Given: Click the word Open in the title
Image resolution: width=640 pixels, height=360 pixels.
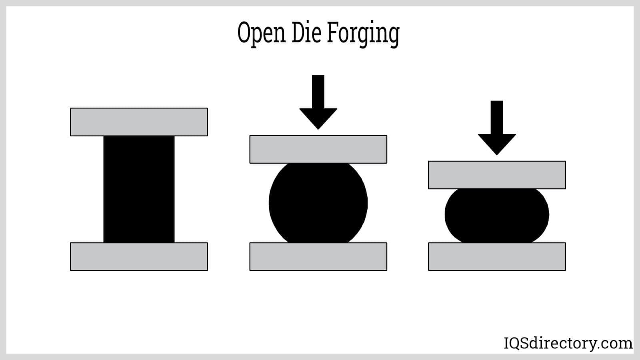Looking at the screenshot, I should (262, 33).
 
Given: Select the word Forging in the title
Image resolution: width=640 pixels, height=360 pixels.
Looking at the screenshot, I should (363, 34).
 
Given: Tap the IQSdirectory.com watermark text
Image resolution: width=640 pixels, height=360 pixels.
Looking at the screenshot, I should (568, 343).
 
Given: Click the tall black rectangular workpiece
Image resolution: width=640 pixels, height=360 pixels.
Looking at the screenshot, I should (139, 189).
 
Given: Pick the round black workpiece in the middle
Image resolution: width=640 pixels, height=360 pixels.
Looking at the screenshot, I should (318, 203).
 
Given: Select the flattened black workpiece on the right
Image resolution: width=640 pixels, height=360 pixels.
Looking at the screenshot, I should (497, 215).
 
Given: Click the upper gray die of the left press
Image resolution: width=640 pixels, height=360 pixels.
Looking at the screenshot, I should (139, 122).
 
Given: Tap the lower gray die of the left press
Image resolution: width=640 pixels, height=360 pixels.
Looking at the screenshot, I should (139, 256).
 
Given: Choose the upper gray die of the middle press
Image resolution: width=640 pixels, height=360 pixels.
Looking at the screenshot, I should (318, 149).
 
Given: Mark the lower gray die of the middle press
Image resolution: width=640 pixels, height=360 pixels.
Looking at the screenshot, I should (318, 256).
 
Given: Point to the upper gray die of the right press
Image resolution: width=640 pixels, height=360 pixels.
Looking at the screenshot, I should (497, 175).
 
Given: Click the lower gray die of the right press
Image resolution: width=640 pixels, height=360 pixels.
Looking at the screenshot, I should (497, 256).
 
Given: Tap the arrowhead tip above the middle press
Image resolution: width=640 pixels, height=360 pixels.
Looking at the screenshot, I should (318, 128).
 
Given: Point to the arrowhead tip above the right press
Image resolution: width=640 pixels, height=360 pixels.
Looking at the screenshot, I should (497, 153).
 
